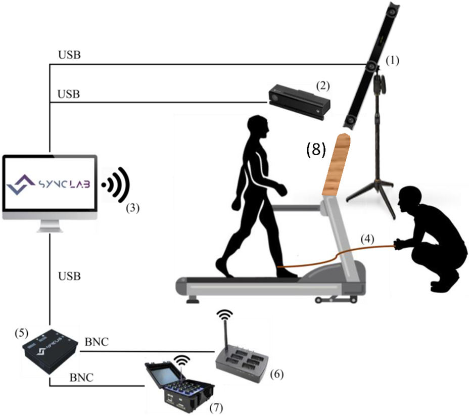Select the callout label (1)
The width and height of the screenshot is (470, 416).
pyautogui.click(x=392, y=60)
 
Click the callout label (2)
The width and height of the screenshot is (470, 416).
pyautogui.click(x=322, y=85)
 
